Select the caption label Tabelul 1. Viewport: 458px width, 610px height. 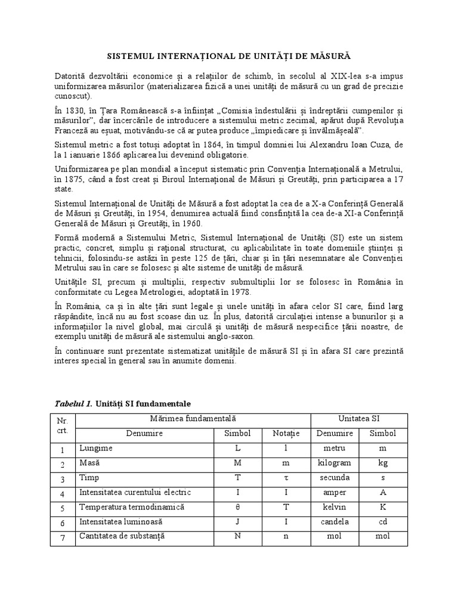tap(75, 404)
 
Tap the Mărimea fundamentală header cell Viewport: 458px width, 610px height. tap(194, 420)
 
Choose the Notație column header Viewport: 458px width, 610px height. tap(288, 434)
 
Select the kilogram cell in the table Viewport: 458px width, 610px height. tap(335, 462)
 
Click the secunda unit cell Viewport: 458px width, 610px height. tap(335, 477)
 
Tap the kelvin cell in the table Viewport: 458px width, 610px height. tap(335, 507)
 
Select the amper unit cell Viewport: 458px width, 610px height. tap(335, 492)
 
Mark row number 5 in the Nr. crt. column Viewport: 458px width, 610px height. tap(61, 508)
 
